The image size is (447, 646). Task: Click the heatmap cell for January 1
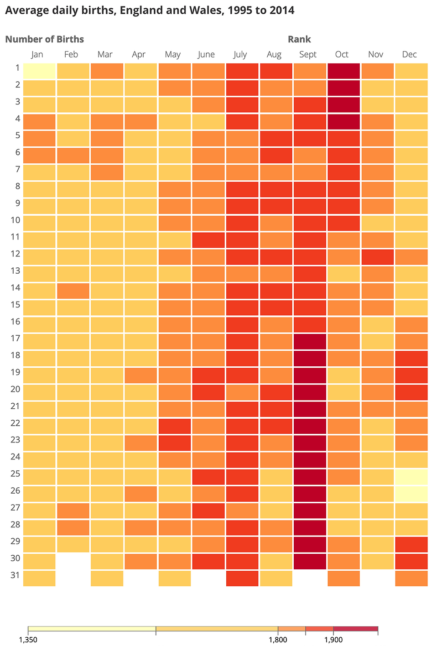pyautogui.click(x=39, y=71)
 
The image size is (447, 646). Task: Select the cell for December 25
pyautogui.click(x=411, y=476)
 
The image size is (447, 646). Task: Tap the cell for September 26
pyautogui.click(x=310, y=493)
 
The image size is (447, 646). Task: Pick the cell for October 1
pyautogui.click(x=343, y=71)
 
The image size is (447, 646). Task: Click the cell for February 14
pyautogui.click(x=73, y=291)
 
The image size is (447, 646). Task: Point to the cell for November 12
pyautogui.click(x=377, y=257)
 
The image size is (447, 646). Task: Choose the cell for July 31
pyautogui.click(x=242, y=578)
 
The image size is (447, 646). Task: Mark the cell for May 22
pyautogui.click(x=175, y=426)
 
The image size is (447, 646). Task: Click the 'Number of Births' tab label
pyautogui.click(x=44, y=39)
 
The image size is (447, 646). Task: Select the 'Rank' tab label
pyautogui.click(x=299, y=39)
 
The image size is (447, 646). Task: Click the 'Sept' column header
pyautogui.click(x=308, y=54)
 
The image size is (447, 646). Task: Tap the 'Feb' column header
pyautogui.click(x=71, y=54)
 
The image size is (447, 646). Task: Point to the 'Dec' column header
pyautogui.click(x=410, y=54)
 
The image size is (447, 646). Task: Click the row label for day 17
pyautogui.click(x=15, y=339)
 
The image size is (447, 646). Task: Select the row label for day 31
pyautogui.click(x=15, y=575)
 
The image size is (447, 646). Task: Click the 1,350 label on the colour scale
pyautogui.click(x=28, y=640)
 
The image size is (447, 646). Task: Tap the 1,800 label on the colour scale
pyautogui.click(x=278, y=640)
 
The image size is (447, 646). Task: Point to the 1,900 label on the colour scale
pyautogui.click(x=333, y=640)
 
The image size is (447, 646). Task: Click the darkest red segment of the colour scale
pyautogui.click(x=355, y=629)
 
